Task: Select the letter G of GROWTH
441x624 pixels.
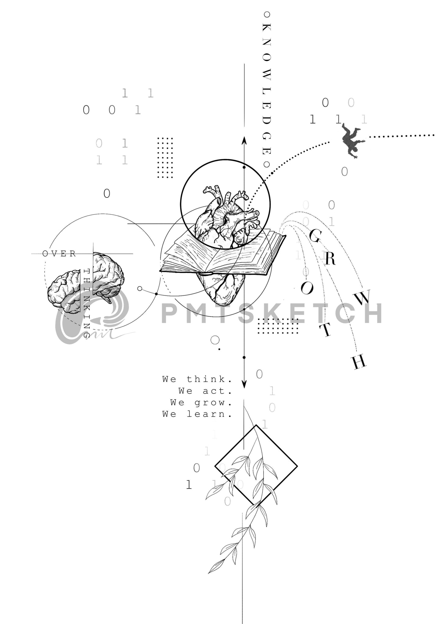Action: pyautogui.click(x=315, y=235)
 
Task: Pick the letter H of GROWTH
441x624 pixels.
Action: pyautogui.click(x=359, y=362)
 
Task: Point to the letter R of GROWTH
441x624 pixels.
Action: pyautogui.click(x=330, y=259)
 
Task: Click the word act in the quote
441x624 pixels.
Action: pyautogui.click(x=217, y=391)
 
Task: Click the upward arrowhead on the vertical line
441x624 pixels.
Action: pyautogui.click(x=244, y=140)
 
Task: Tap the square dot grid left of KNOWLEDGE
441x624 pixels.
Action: pyautogui.click(x=165, y=158)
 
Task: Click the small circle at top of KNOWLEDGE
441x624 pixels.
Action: pyautogui.click(x=267, y=14)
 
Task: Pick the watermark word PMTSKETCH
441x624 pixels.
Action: pyautogui.click(x=271, y=313)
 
